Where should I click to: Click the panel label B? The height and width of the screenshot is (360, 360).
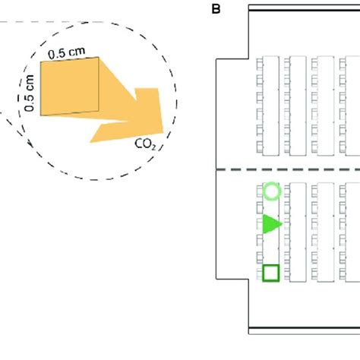pyautogui.click(x=215, y=9)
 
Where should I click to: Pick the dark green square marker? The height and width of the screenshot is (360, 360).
pyautogui.click(x=271, y=273)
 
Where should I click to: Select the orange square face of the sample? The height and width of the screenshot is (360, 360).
pyautogui.click(x=69, y=89)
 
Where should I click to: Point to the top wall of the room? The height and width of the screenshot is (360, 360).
pyautogui.click(x=304, y=7)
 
